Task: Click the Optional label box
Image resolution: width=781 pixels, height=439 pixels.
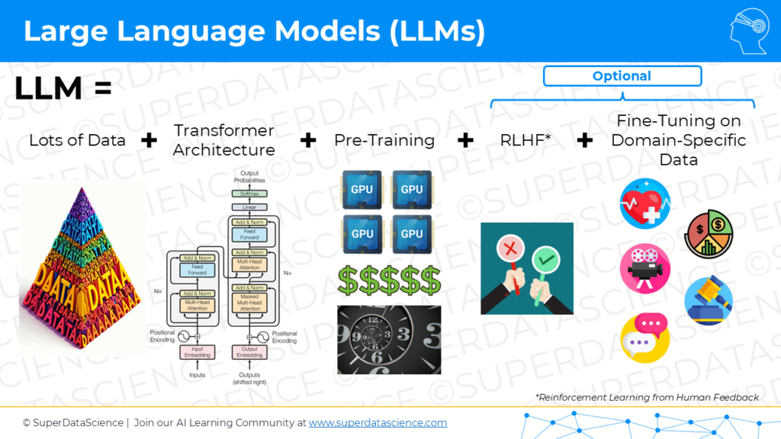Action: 622,76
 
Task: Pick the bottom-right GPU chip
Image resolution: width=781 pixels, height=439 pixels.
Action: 411,233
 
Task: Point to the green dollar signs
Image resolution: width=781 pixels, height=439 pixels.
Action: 389,280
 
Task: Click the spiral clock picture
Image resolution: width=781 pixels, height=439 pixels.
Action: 389,340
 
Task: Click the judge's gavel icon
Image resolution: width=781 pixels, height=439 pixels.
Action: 709,302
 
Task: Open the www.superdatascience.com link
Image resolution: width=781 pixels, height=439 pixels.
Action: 378,422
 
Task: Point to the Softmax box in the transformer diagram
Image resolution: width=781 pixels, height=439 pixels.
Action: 244,194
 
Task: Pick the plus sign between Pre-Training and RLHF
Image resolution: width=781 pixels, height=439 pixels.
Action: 464,140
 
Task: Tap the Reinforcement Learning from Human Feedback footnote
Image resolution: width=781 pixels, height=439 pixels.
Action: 647,397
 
